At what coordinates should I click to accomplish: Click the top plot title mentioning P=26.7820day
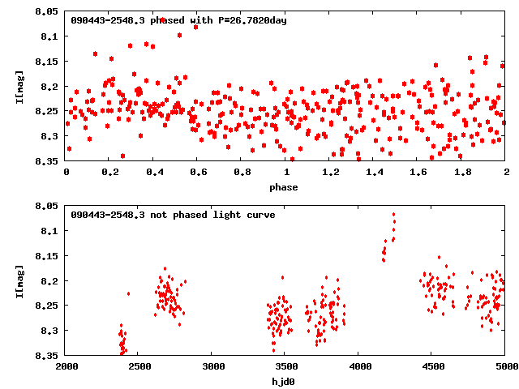pos(178,19)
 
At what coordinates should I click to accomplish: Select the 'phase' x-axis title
pos(284,187)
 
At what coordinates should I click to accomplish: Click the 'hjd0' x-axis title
pos(284,382)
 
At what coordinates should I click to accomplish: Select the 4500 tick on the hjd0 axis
pos(432,367)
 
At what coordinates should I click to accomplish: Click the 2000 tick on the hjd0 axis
pos(66,367)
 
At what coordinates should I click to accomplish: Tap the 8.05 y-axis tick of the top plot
pos(46,11)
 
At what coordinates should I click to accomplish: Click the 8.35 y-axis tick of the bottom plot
pos(46,355)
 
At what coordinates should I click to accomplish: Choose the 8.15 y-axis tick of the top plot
pos(46,62)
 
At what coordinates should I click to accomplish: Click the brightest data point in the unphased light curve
pos(394,215)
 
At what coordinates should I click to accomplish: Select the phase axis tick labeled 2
pos(506,173)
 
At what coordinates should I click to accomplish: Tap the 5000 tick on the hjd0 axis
pos(504,367)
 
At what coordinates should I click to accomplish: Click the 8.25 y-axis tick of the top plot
pos(46,111)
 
